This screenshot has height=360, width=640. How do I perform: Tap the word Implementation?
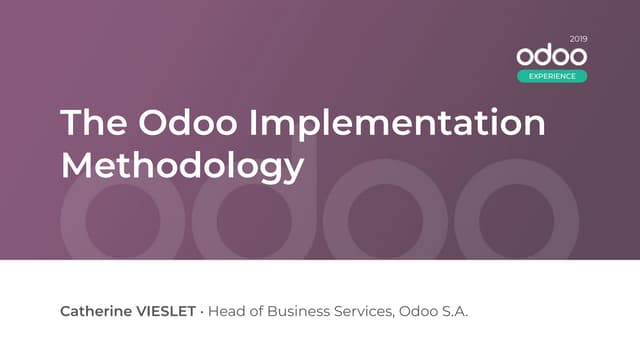tap(397, 124)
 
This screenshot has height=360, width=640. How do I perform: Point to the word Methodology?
tap(182, 164)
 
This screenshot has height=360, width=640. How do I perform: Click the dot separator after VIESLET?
tap(202, 312)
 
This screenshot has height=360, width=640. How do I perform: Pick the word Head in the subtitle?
tap(225, 312)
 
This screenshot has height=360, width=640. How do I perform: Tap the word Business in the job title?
tap(299, 312)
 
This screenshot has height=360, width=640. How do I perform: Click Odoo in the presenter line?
tap(418, 312)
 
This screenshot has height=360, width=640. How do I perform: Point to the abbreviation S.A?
tap(455, 312)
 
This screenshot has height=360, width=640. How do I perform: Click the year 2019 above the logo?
tap(578, 39)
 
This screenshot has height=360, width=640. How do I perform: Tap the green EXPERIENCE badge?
tap(552, 76)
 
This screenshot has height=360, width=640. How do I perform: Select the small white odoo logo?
tap(552, 56)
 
